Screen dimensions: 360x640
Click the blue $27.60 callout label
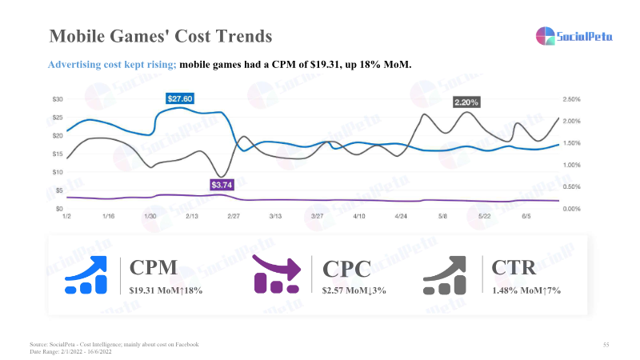[x=181, y=98]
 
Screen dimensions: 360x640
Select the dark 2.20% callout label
[x=466, y=102]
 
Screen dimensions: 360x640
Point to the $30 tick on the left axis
[x=58, y=99]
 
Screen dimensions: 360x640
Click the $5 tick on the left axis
[x=59, y=190]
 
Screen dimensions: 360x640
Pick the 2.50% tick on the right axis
[x=572, y=99]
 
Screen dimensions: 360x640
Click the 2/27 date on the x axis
[x=234, y=216]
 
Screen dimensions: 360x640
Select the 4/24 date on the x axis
[x=401, y=216]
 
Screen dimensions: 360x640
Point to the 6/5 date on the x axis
[x=526, y=216]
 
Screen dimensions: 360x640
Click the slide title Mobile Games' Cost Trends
[x=160, y=37]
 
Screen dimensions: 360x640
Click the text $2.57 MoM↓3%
[x=354, y=290]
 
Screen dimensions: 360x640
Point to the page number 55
[x=606, y=344]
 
